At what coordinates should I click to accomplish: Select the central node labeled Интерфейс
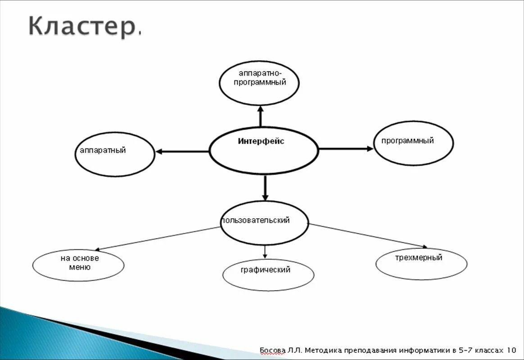click(x=264, y=150)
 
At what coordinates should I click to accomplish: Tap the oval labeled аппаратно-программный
click(x=259, y=83)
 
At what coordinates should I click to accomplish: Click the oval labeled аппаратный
click(x=114, y=154)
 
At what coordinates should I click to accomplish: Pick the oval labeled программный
click(x=413, y=143)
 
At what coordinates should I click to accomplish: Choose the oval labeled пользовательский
click(x=265, y=223)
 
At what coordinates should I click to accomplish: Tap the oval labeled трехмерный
click(x=421, y=264)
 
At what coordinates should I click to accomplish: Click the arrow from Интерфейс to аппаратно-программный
click(x=260, y=116)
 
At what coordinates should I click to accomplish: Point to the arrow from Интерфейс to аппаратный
click(x=182, y=152)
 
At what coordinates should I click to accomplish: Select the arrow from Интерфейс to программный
click(x=346, y=148)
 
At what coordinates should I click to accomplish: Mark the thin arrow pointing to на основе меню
click(x=158, y=238)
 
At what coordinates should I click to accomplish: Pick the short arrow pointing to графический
click(x=265, y=252)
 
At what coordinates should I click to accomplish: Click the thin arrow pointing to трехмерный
click(x=368, y=235)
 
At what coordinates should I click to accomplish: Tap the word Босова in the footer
click(x=273, y=350)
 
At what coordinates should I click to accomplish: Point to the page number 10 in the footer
click(x=511, y=350)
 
